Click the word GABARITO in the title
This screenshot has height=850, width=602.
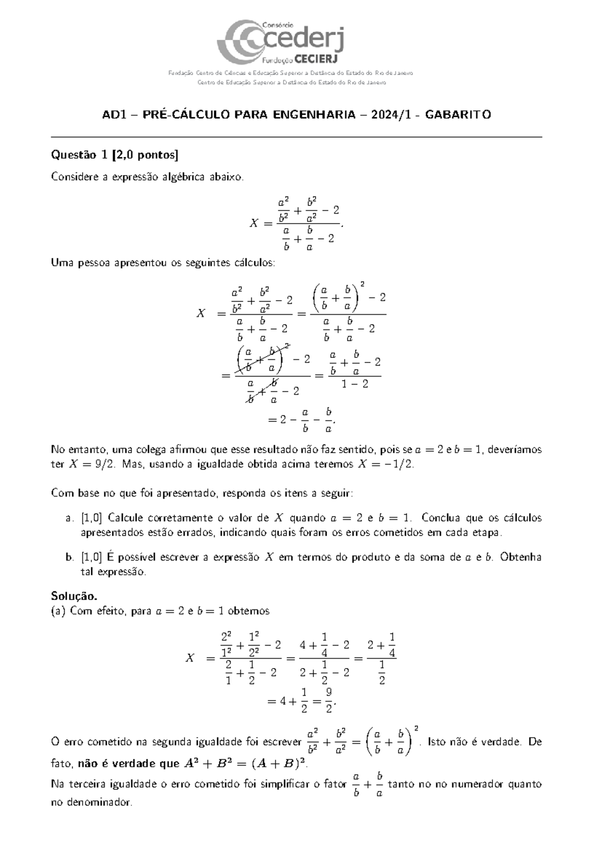click(x=458, y=115)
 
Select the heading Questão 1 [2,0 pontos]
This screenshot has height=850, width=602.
click(x=115, y=155)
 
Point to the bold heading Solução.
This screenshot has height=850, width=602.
click(x=74, y=596)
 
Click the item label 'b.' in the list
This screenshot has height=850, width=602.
click(x=70, y=557)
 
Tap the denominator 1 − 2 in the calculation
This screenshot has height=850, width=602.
click(x=354, y=384)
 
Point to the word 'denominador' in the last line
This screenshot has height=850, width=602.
click(x=91, y=802)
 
